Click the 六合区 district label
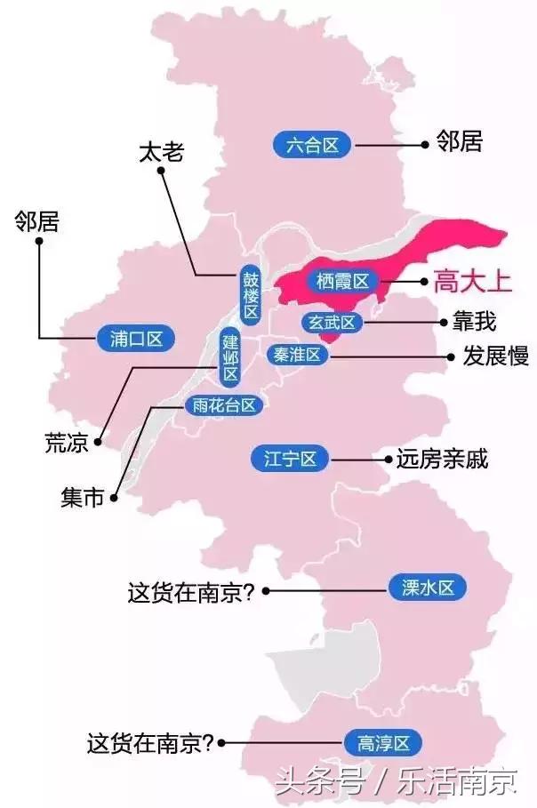(313, 146)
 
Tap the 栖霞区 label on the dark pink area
(341, 282)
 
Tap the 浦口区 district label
(136, 338)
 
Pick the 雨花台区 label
(224, 405)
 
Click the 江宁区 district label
(290, 459)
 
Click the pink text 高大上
(472, 284)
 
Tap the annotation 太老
(161, 152)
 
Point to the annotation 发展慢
(496, 356)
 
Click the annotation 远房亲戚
(442, 460)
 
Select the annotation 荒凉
(66, 442)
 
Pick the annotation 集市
(83, 499)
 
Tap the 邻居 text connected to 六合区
(459, 141)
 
